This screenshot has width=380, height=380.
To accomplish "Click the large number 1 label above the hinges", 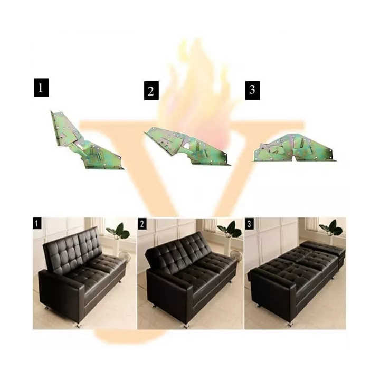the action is point(41,88).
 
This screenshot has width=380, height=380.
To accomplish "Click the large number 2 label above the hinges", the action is point(151,91).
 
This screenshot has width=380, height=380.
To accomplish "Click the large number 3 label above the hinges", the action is point(253,91).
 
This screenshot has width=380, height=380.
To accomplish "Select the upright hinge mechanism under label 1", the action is point(86,140).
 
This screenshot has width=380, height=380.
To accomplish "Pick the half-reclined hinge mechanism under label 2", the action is point(187,146).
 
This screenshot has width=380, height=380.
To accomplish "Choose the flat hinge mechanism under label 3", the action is point(294,148).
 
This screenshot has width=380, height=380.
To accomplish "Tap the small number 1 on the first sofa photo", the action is point(37,223).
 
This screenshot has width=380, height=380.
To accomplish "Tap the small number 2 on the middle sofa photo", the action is point(142,224).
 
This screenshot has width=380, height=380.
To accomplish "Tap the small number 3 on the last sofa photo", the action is point(249,224).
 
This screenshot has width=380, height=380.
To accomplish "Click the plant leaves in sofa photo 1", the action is point(118,231).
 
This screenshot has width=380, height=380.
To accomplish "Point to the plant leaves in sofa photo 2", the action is point(230,229).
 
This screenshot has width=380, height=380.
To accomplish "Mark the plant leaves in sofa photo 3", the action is point(331,228).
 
